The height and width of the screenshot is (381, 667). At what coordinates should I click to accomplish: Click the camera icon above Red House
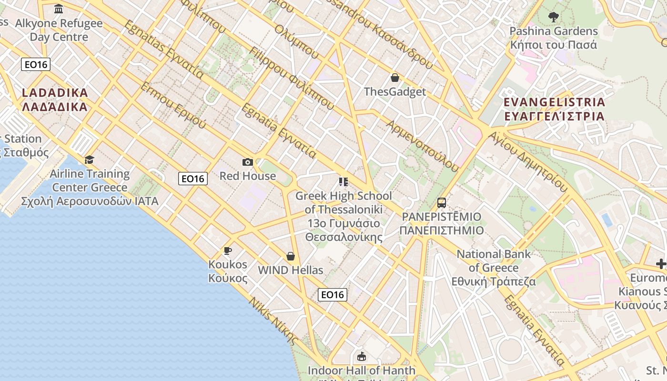[248, 162]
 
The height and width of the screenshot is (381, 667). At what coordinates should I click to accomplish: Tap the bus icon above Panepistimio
[442, 203]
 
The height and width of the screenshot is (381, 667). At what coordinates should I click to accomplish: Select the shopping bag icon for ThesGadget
[394, 78]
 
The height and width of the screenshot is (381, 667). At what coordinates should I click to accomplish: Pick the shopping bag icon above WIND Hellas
[291, 257]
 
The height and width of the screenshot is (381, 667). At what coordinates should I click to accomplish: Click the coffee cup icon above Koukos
[228, 251]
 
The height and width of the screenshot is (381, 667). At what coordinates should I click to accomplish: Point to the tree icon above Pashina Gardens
[553, 18]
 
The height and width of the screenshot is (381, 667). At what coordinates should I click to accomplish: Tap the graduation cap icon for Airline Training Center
[89, 160]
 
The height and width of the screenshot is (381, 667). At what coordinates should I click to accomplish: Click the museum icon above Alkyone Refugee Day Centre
[59, 9]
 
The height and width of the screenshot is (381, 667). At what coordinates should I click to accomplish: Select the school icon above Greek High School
[343, 182]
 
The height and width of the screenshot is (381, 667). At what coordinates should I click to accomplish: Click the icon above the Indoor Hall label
[362, 356]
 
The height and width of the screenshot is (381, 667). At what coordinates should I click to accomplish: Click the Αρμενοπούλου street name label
[423, 146]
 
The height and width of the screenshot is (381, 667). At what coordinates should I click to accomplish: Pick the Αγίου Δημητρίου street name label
[528, 162]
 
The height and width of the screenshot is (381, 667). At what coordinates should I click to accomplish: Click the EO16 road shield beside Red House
[193, 179]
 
